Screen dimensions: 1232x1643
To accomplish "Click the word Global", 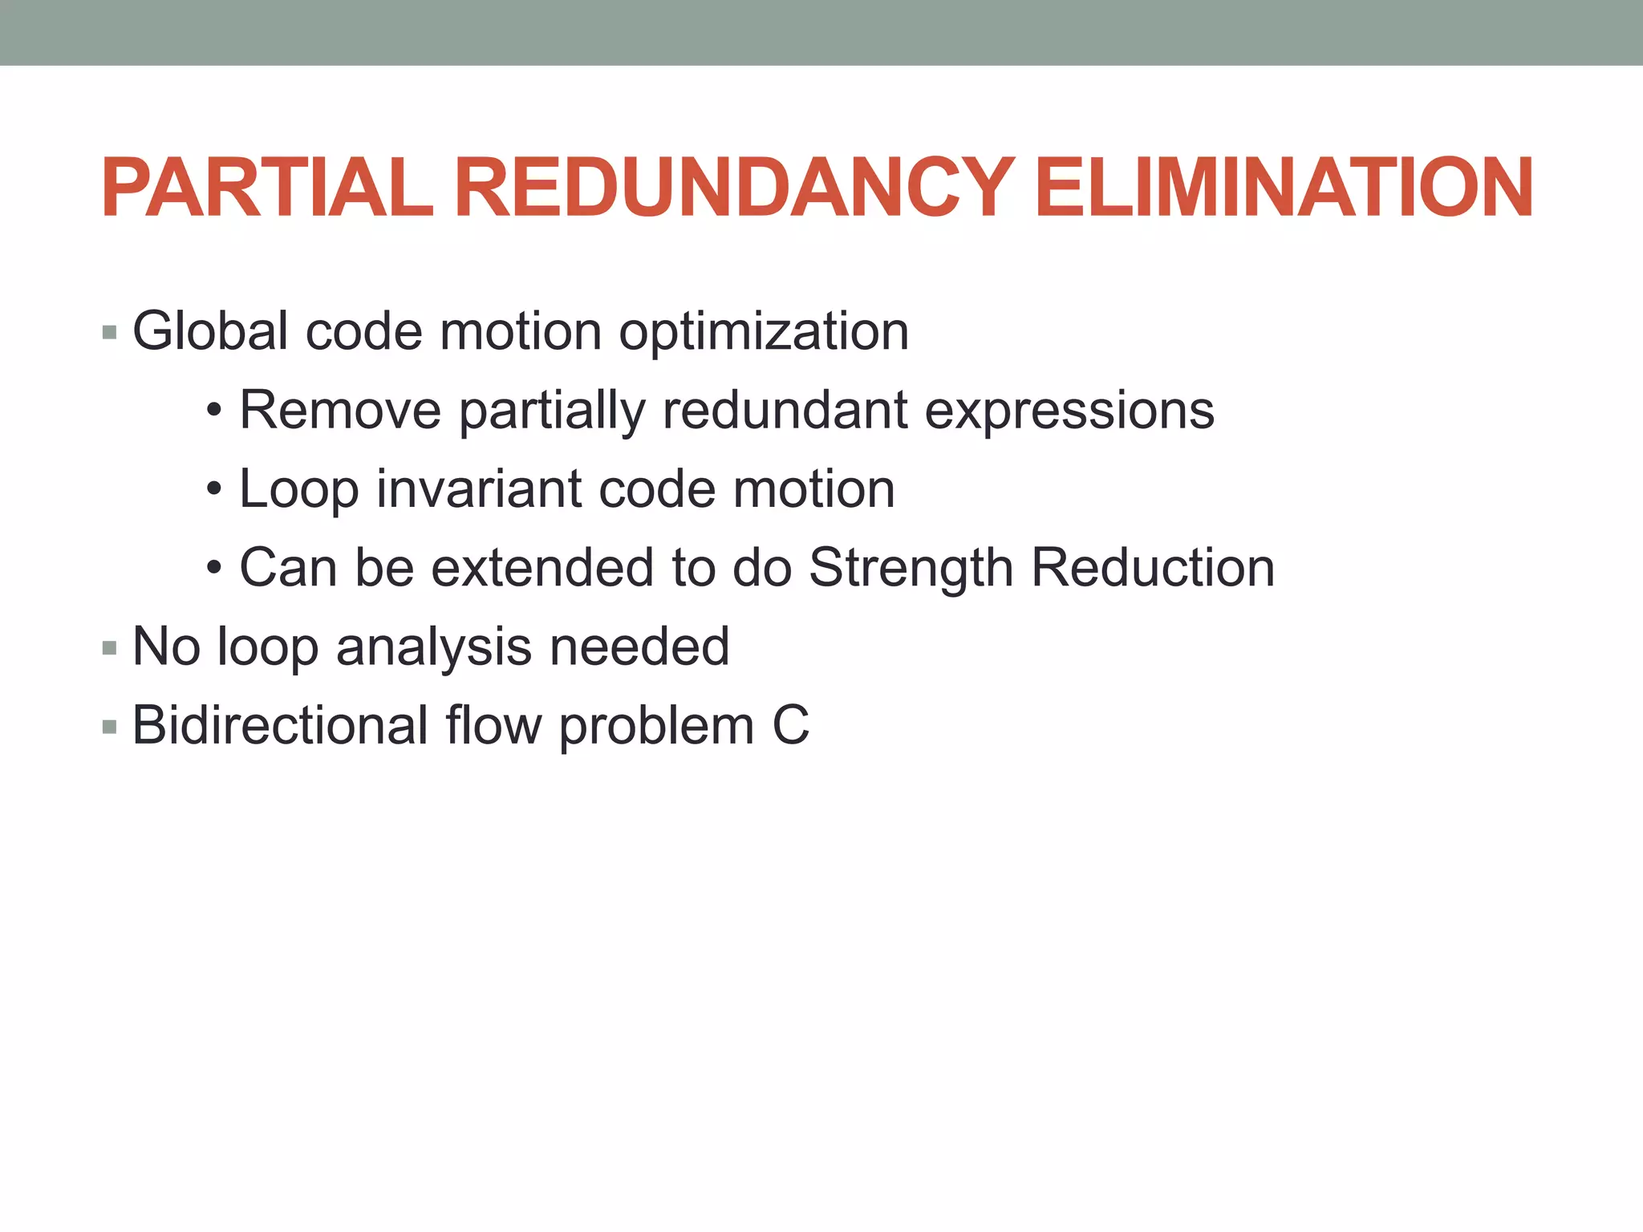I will click(x=210, y=330).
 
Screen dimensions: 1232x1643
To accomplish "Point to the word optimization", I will click(x=764, y=332).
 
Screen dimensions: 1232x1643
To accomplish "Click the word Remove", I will click(x=340, y=410).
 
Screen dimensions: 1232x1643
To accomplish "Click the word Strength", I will click(x=911, y=569).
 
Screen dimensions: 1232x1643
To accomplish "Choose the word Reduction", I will click(x=1153, y=567).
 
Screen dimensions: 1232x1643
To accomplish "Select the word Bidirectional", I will click(x=280, y=725).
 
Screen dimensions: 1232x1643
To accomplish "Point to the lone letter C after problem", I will click(x=790, y=725).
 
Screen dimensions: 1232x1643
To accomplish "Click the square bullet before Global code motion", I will click(x=110, y=332).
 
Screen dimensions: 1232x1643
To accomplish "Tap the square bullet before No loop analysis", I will click(x=110, y=648).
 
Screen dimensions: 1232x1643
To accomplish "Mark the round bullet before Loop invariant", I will click(x=213, y=489).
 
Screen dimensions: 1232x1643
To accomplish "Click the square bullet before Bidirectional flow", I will click(x=110, y=727).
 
